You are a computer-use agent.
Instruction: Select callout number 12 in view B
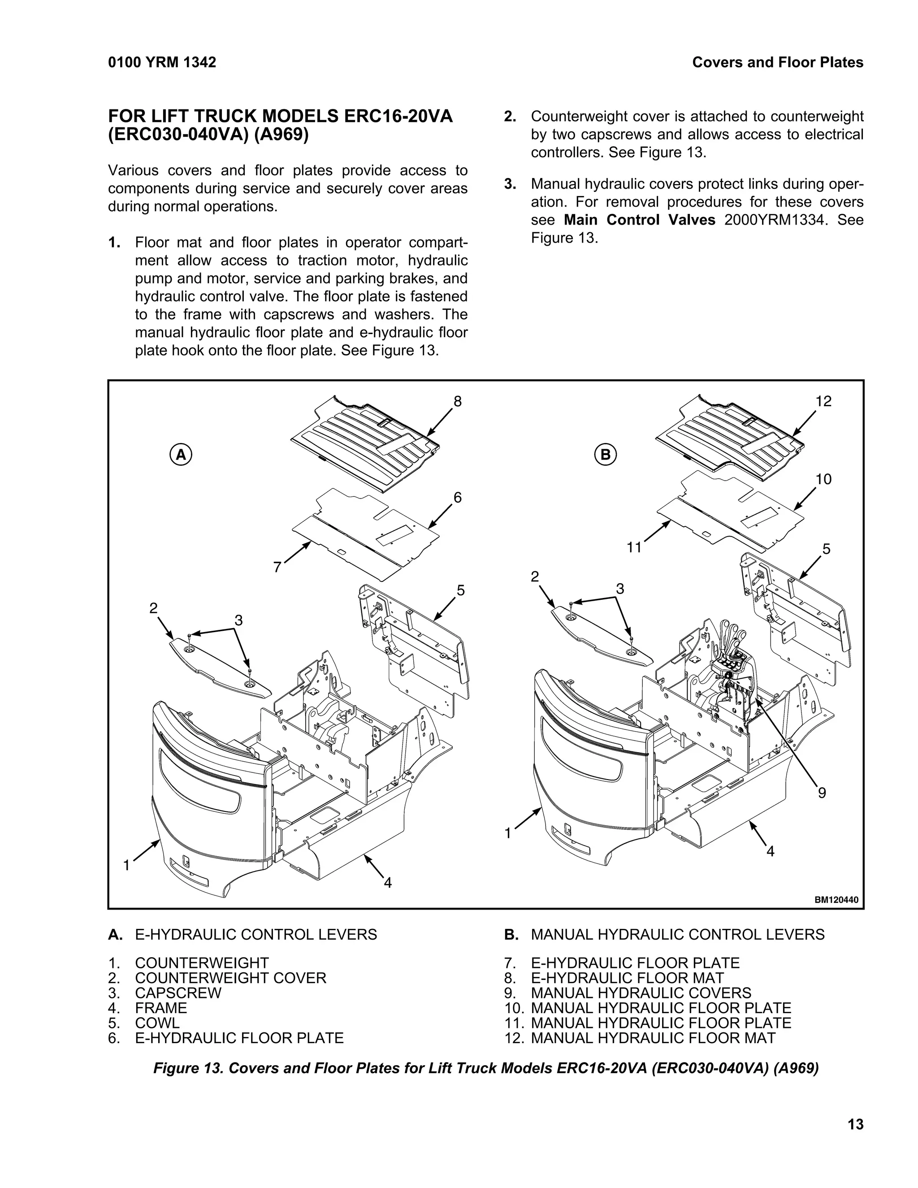tap(823, 401)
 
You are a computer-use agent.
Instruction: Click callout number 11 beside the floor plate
tap(634, 547)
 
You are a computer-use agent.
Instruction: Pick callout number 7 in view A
tap(277, 568)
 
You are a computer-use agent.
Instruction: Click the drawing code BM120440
tap(836, 900)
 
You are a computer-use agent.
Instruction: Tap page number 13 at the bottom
tap(855, 1124)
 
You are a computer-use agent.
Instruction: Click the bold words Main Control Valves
tap(639, 220)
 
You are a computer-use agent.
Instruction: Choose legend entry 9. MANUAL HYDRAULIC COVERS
tap(628, 993)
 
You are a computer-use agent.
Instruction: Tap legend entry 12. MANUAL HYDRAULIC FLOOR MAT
tap(640, 1038)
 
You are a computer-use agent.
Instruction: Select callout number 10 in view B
tap(823, 479)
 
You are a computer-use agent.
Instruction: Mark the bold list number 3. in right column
tap(510, 184)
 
